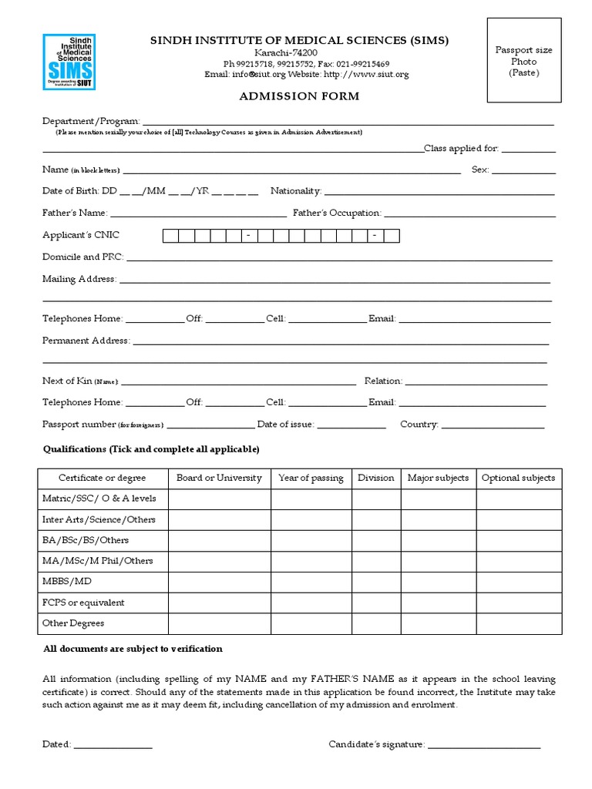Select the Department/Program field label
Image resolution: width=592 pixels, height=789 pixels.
coord(91,122)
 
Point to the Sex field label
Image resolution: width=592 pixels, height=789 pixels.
coord(479,170)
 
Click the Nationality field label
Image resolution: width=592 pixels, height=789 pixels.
coord(296,190)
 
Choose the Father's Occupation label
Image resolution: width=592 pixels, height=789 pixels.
coord(337,213)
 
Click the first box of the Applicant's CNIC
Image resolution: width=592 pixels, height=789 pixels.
coord(170,236)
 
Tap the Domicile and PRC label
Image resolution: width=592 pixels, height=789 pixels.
coord(82,257)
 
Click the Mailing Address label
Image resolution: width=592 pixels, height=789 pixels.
coord(79,279)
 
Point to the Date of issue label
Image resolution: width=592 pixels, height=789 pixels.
coord(285,425)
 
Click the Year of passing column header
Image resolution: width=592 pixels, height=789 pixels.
coord(311,478)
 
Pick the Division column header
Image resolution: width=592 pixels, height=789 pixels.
coord(375,478)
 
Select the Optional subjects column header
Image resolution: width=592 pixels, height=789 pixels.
coord(518,478)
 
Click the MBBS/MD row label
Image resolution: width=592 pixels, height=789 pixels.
coord(66,582)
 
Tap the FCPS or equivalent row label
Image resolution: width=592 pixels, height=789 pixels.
coord(82,603)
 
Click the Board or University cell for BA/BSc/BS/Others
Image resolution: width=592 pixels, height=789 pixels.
coord(219,540)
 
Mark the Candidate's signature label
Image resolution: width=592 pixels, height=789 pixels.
coord(376,744)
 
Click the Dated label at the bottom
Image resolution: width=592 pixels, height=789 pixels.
coord(56,744)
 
